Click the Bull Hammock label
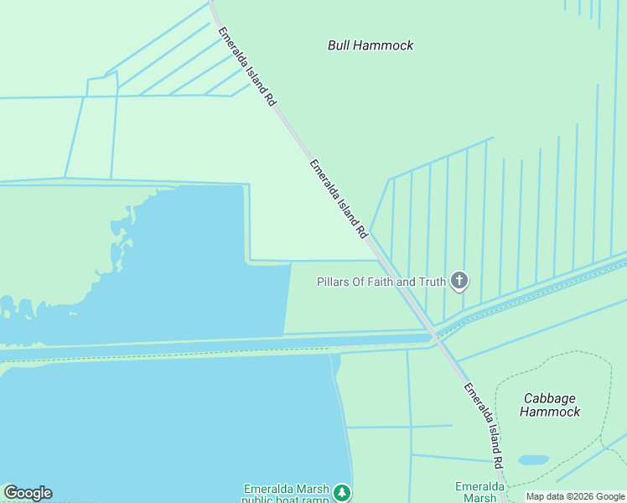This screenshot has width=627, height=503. [370, 45]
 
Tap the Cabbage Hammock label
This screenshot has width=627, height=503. [551, 405]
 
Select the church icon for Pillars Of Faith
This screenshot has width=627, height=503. [459, 281]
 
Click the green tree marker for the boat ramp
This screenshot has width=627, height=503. [341, 492]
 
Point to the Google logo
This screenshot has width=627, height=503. [28, 493]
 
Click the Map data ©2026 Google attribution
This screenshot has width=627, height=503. [575, 497]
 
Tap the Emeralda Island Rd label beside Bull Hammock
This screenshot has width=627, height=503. [246, 66]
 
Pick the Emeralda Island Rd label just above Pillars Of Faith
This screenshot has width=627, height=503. [339, 197]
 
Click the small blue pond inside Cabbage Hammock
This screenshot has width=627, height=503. [533, 460]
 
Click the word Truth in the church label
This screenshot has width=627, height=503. [432, 282]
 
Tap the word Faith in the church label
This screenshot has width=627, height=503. [376, 282]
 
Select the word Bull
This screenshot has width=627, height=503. [339, 45]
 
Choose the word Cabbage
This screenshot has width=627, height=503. [551, 398]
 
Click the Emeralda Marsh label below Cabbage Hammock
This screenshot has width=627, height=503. [479, 492]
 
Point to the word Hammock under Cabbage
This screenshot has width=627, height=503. [550, 412]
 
